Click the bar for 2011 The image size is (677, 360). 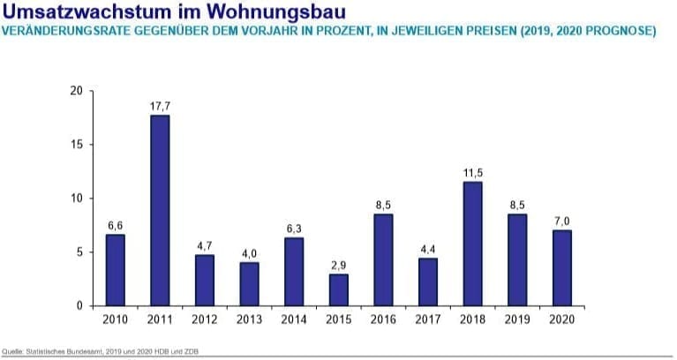point(160,210)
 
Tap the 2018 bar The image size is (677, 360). point(473,244)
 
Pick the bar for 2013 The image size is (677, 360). point(249,283)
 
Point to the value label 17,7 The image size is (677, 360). point(160,106)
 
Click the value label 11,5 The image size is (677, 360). point(473,172)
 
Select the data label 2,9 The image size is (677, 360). point(339,265)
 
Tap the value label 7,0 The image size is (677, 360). point(562,221)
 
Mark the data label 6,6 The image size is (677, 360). point(116,225)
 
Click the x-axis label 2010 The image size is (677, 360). point(116,319)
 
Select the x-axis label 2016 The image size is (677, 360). point(384,319)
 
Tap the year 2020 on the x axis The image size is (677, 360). point(562,319)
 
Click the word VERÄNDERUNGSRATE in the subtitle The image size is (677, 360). point(64,31)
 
